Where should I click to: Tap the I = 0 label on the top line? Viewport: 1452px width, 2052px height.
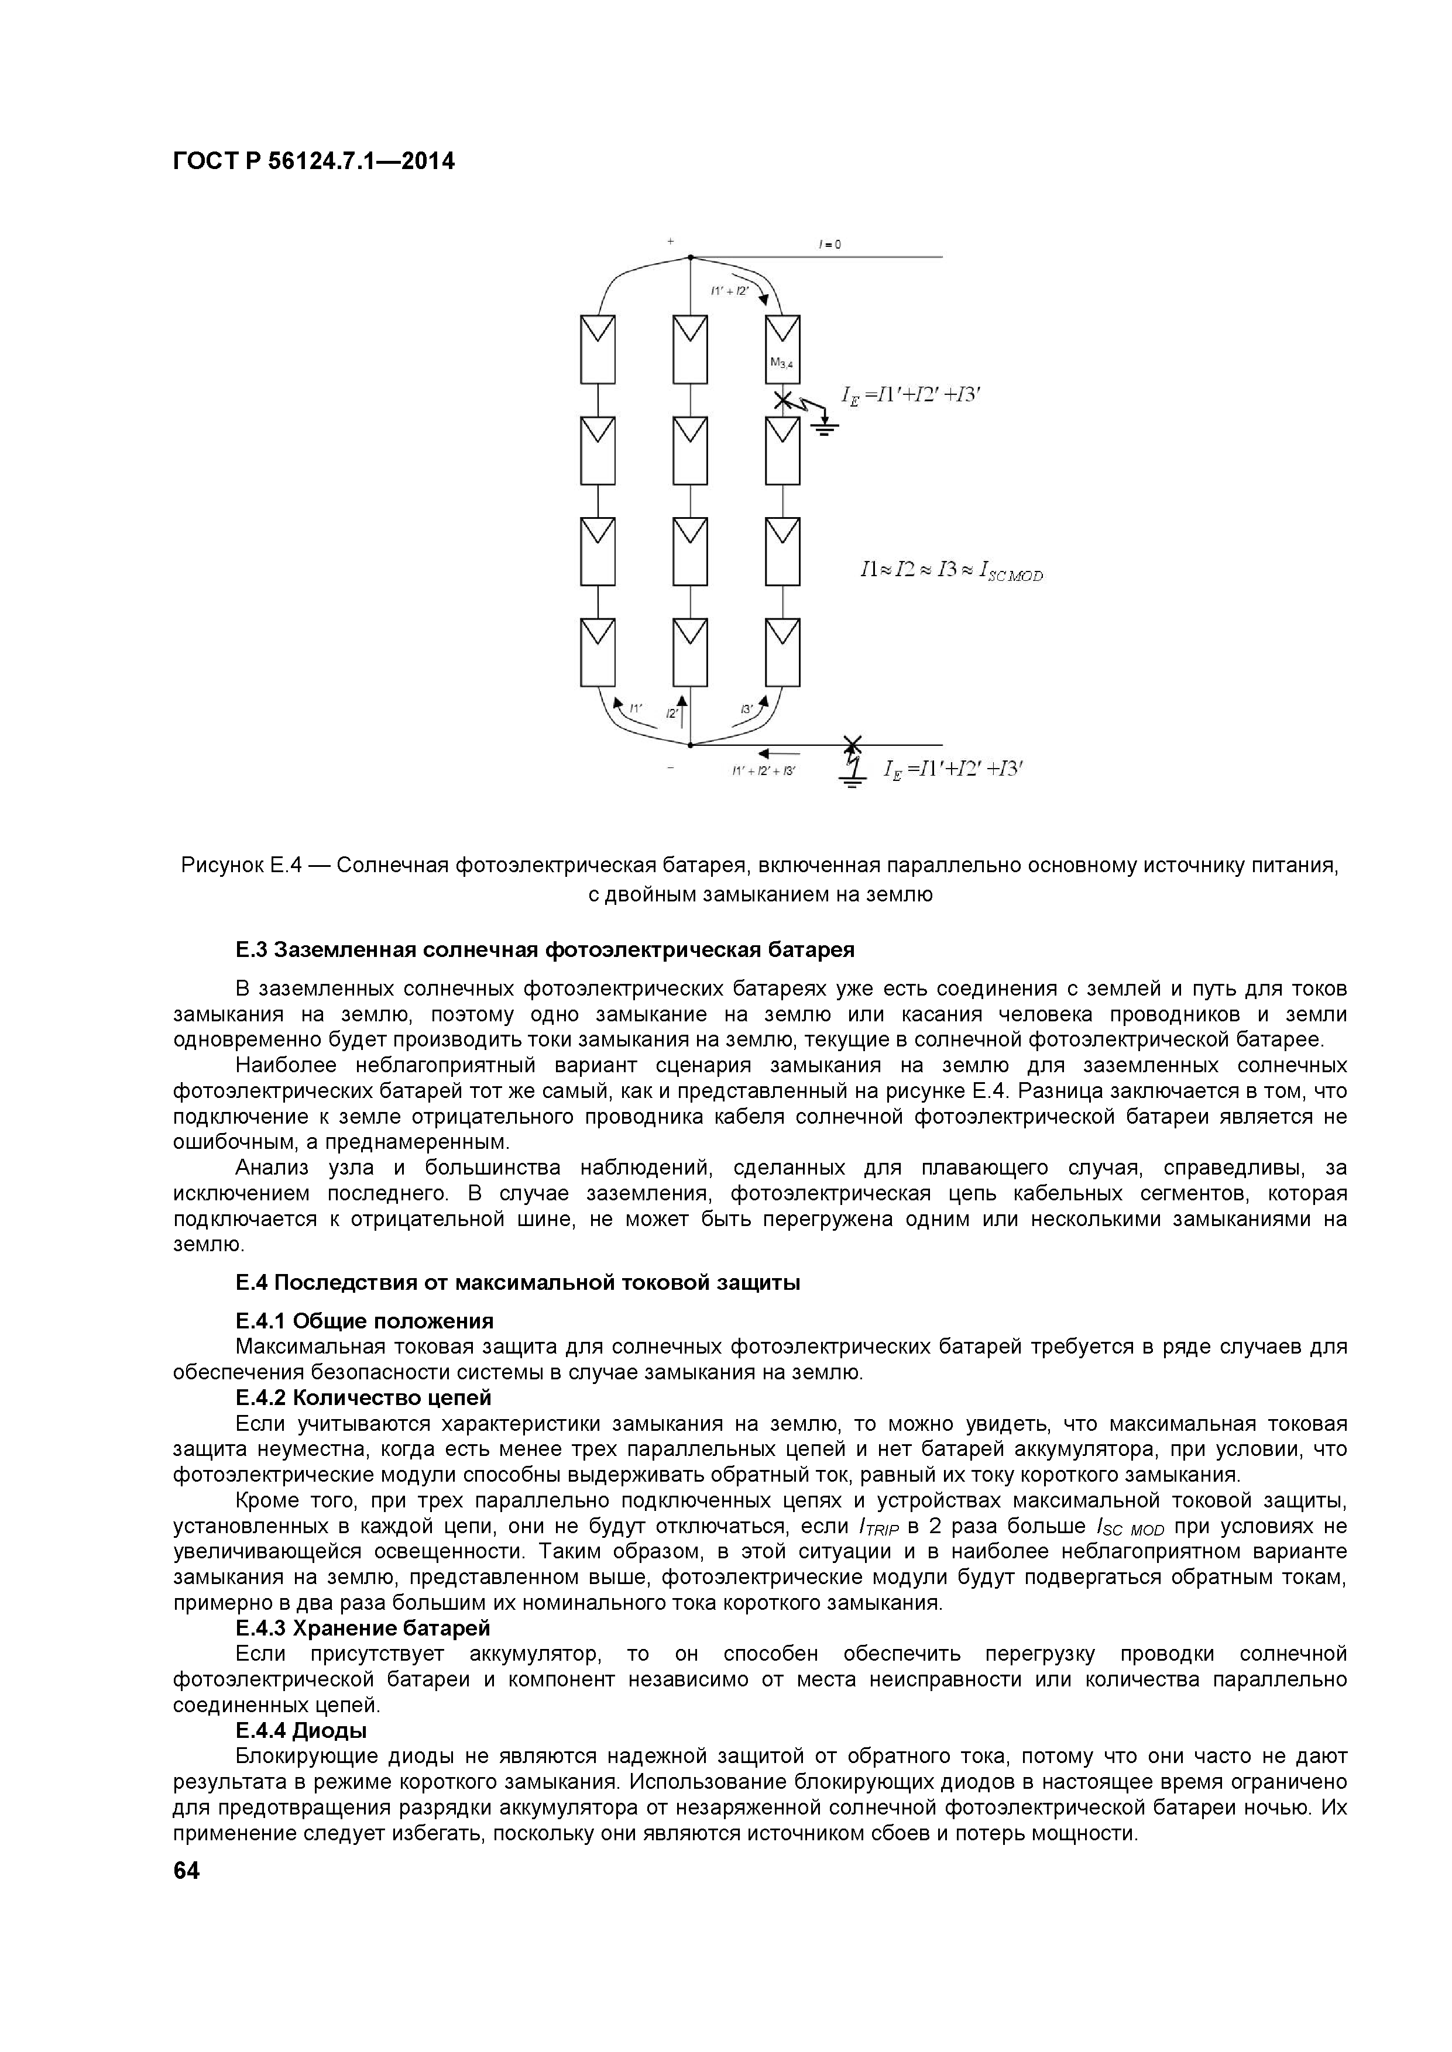pos(830,244)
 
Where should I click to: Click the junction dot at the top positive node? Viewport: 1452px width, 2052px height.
pos(690,257)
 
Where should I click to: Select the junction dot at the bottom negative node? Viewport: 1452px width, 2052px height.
pos(690,743)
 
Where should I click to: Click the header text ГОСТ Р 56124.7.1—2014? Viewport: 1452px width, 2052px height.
pos(314,162)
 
